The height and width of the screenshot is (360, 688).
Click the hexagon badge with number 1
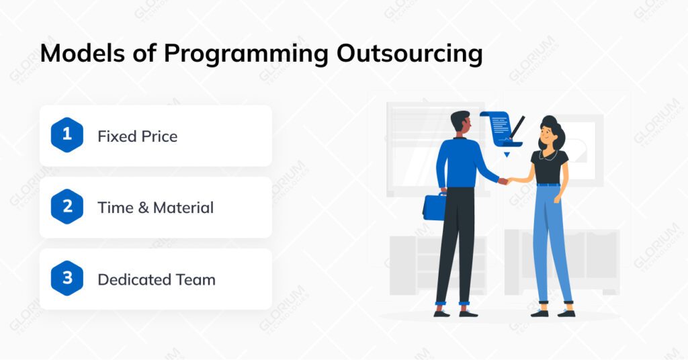coord(67,134)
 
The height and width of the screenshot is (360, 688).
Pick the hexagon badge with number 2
coord(67,207)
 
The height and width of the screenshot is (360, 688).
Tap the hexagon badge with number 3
coord(67,279)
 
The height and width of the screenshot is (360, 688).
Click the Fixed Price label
coord(138,136)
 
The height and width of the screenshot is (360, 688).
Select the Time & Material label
coord(155,208)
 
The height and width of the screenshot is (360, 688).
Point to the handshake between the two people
coord(504,181)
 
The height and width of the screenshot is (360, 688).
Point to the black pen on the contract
coord(518,127)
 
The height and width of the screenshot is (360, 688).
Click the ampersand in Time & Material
coord(142,208)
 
